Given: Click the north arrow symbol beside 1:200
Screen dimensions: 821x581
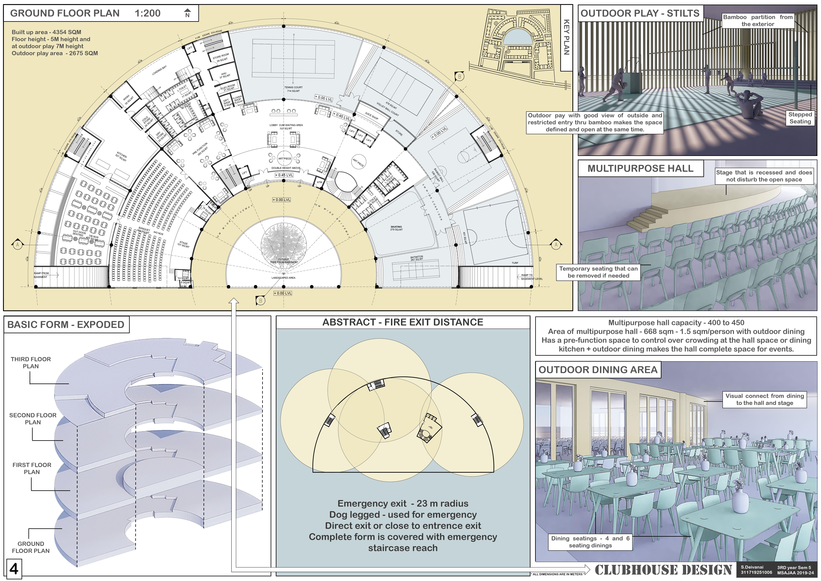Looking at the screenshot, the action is [x=187, y=13].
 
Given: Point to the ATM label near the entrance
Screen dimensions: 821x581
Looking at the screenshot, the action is [x=319, y=182].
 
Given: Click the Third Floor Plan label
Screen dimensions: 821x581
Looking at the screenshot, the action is [x=31, y=362].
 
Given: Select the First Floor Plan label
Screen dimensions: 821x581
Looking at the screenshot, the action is [x=32, y=468].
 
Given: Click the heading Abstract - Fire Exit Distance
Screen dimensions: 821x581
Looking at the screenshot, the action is [x=403, y=322].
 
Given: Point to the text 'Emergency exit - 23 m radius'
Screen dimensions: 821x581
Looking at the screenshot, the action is [x=403, y=504].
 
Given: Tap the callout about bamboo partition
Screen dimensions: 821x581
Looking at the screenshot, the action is [x=758, y=20].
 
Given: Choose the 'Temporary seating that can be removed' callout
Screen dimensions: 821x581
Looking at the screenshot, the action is [x=598, y=272].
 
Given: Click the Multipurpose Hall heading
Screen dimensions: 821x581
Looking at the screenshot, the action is [x=640, y=168].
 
